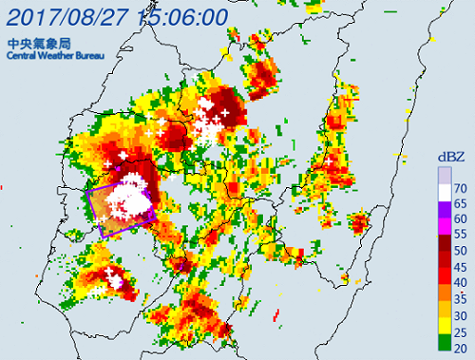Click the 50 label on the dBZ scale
460,249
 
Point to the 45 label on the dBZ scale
460,266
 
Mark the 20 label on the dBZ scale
460,349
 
